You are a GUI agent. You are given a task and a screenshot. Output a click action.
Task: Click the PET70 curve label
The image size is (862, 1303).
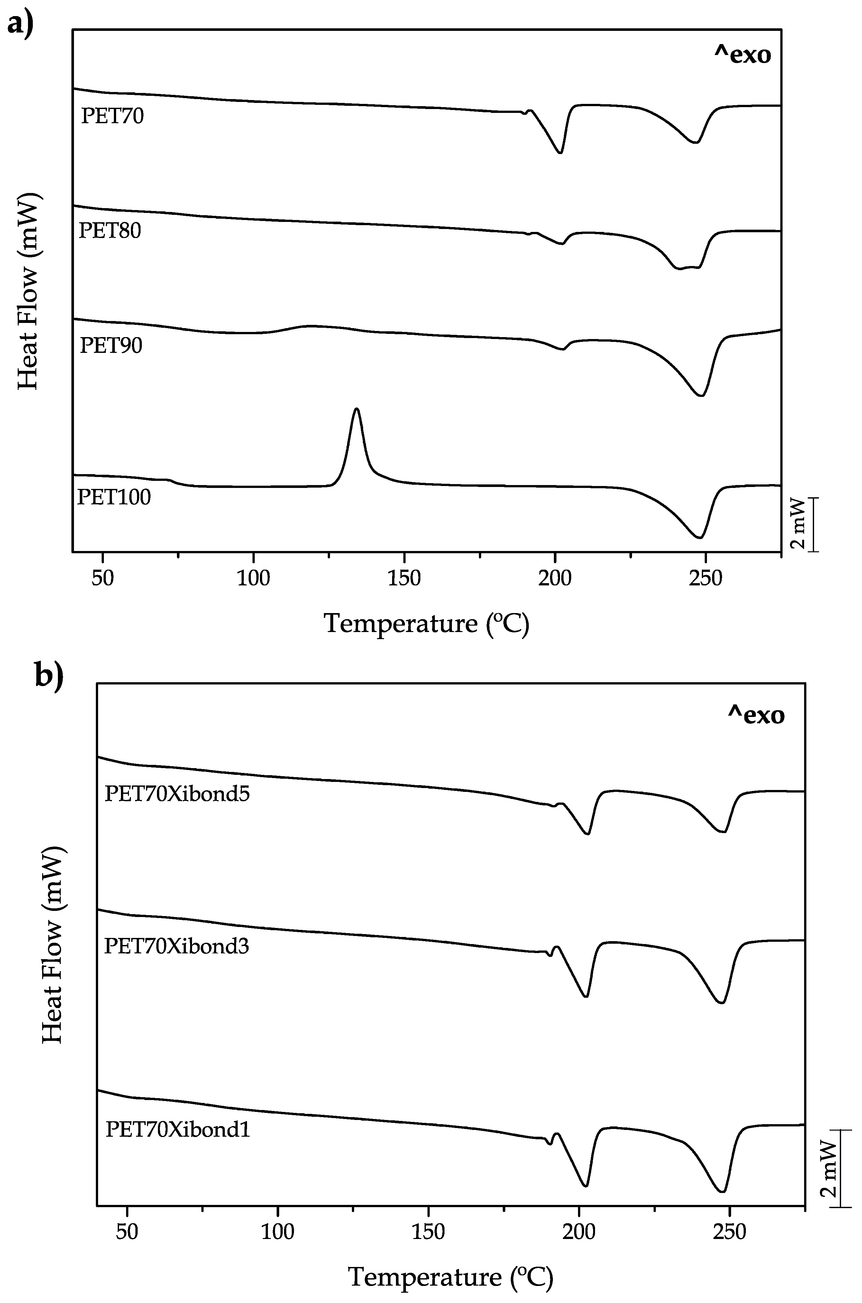click(x=112, y=116)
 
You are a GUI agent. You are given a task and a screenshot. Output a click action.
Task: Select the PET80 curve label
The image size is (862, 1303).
click(x=110, y=230)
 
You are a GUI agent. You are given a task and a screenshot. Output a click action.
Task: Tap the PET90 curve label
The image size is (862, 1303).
click(x=111, y=345)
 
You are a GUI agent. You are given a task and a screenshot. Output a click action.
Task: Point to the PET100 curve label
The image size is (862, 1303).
click(x=114, y=497)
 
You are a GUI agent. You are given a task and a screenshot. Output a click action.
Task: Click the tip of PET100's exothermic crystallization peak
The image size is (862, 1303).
click(x=357, y=409)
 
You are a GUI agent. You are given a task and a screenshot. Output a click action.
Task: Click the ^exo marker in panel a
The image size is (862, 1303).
click(x=742, y=55)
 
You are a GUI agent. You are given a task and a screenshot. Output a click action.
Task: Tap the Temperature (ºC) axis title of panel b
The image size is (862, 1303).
click(x=451, y=1277)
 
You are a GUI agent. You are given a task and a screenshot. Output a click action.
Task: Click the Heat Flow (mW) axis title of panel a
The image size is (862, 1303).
click(x=27, y=291)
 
